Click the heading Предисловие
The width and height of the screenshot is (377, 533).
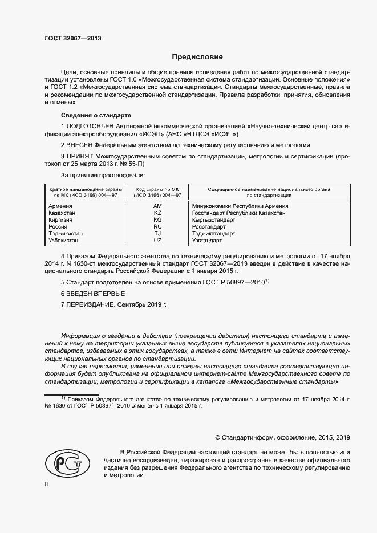[x=198, y=57]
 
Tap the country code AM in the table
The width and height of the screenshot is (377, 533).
[x=158, y=206]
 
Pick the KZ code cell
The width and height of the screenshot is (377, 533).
[x=158, y=213]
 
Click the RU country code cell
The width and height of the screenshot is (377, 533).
[x=158, y=226]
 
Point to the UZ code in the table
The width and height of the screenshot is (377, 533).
[x=158, y=241]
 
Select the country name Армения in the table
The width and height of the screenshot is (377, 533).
[x=60, y=206]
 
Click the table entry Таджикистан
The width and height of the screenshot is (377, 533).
[x=66, y=234]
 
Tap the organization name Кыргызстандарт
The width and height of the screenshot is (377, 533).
[x=214, y=219]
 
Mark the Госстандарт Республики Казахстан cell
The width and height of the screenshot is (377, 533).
[x=239, y=213]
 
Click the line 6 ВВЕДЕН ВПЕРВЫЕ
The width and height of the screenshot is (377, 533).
[x=92, y=293]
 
